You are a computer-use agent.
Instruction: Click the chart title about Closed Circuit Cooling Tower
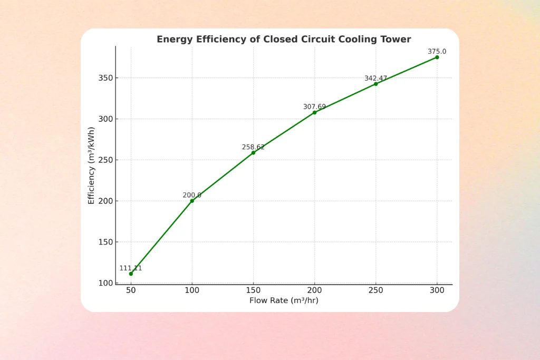pyautogui.click(x=284, y=39)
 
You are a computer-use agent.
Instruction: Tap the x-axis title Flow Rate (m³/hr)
pyautogui.click(x=284, y=300)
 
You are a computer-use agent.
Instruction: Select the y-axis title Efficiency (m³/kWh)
pyautogui.click(x=91, y=165)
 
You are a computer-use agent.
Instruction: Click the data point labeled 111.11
pyautogui.click(x=131, y=274)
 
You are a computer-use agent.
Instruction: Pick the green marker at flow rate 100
pyautogui.click(x=192, y=201)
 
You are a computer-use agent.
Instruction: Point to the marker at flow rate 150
pyautogui.click(x=253, y=153)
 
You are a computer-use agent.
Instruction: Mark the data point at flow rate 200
pyautogui.click(x=314, y=112)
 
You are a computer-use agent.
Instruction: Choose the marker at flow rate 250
pyautogui.click(x=375, y=84)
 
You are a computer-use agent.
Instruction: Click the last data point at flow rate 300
pyautogui.click(x=437, y=57)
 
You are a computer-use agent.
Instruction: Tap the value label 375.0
pyautogui.click(x=437, y=52)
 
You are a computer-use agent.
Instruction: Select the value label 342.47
pyautogui.click(x=375, y=79)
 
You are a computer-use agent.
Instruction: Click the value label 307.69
pyautogui.click(x=314, y=107)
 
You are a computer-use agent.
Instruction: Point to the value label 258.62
pyautogui.click(x=253, y=148)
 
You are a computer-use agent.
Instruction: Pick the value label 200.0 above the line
pyautogui.click(x=192, y=195)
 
